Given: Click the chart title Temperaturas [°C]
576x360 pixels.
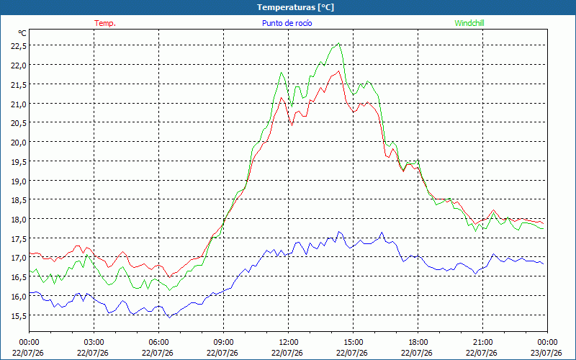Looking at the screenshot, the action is [295, 7].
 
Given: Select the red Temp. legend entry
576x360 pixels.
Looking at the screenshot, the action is [105, 23].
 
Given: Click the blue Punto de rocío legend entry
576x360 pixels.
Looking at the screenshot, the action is [287, 23].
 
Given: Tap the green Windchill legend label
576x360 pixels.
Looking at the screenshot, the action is [469, 23].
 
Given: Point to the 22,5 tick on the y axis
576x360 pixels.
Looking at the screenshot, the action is [19, 45].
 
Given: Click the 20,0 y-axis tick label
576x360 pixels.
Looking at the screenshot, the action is [19, 142].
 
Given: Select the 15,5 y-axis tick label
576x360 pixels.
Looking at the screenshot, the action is [19, 315].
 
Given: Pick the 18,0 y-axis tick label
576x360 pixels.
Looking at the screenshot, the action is [19, 219].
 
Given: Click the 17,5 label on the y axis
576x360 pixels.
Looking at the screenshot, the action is [19, 238].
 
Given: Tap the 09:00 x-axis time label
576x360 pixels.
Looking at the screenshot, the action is [223, 343].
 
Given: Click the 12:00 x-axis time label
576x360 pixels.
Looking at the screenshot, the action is [289, 343].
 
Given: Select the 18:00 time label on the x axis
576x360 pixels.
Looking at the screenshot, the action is [418, 343].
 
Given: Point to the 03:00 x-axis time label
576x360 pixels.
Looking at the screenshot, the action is [94, 343].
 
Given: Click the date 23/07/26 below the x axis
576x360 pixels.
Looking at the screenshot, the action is [546, 353].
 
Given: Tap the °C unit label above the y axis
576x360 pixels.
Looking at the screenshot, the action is [22, 33].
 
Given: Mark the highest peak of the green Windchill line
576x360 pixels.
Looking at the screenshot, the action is [338, 43].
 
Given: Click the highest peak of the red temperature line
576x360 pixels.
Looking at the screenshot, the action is [338, 71].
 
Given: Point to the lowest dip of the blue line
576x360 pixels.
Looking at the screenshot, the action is [170, 318].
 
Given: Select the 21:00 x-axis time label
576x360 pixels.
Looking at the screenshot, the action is [482, 343].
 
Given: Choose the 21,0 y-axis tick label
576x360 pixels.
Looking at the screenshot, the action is [19, 104].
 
